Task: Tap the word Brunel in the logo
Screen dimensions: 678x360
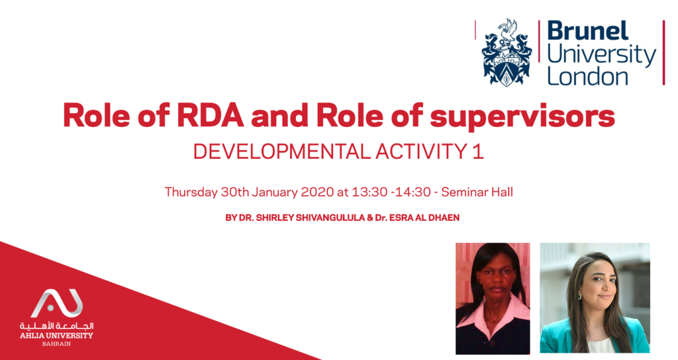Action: coord(588,31)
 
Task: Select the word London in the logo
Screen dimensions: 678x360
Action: coord(587,76)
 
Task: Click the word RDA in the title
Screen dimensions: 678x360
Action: coord(211,115)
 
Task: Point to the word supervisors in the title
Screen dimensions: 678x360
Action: coord(522,116)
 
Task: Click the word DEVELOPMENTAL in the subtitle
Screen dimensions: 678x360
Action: coord(281,152)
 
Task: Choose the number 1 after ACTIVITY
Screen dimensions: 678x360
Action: coord(478,152)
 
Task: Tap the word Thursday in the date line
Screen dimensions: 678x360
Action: coord(191,192)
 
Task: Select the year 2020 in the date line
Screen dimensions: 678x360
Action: coord(317,192)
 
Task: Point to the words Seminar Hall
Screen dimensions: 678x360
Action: coord(477,192)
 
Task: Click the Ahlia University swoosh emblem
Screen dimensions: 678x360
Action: coord(57,303)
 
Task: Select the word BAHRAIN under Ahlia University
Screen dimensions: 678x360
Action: coord(56,344)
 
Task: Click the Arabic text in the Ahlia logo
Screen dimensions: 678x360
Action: coord(56,326)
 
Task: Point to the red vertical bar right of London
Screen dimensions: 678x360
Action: coord(663,52)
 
